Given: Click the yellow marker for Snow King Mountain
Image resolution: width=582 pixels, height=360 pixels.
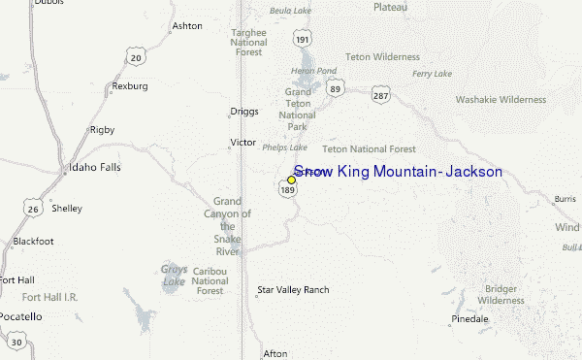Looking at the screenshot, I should [291, 180].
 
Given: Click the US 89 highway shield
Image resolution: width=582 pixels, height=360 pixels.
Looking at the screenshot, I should [335, 88].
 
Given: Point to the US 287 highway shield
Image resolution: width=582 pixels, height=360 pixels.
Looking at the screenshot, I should [381, 94].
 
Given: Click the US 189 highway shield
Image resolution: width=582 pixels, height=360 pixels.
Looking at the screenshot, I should [287, 191].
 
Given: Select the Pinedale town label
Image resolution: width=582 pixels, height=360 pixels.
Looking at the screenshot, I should [469, 318].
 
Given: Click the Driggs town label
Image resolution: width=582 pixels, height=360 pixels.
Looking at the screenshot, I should [244, 112].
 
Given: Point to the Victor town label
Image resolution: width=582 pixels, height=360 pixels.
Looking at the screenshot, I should [242, 143].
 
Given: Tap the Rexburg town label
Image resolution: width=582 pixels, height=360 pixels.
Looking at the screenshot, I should [130, 85].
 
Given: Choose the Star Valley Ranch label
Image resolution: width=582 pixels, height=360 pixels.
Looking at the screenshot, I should [293, 289].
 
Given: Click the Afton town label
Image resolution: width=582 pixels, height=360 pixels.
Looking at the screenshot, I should [275, 353].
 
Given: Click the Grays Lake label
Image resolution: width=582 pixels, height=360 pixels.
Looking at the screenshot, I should [174, 276].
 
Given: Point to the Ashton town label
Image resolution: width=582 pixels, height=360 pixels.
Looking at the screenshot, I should [186, 25].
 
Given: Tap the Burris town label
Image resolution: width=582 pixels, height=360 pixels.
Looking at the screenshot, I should [565, 199].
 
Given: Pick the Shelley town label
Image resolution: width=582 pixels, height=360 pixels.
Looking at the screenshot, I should [67, 209].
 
